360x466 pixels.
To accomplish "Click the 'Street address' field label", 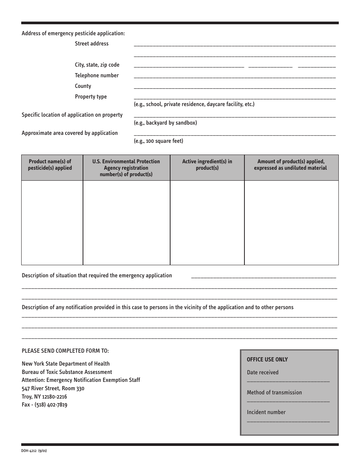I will (92, 44).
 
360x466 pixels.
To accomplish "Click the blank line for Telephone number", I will (235, 77).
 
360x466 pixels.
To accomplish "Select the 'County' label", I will (83, 86).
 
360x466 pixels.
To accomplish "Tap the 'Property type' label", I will (91, 97).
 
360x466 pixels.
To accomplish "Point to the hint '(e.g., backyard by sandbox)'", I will (165, 123).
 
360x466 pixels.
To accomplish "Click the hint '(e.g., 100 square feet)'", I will (158, 141).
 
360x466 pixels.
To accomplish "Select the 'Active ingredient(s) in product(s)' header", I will (207, 165).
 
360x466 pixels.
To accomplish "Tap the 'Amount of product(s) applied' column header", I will (291, 165).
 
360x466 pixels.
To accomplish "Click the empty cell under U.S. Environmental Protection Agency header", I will (126, 222).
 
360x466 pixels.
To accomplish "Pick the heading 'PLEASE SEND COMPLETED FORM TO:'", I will (65, 351).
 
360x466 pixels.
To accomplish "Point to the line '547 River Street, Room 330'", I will (53, 388).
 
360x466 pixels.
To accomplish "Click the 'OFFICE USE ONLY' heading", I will (267, 360).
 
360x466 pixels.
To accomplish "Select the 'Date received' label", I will (263, 372).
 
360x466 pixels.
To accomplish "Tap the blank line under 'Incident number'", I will (288, 421).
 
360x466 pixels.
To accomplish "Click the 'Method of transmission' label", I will (274, 393).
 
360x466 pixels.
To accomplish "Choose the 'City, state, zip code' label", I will (97, 65).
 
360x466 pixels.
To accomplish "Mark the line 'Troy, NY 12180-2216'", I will (44, 397).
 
